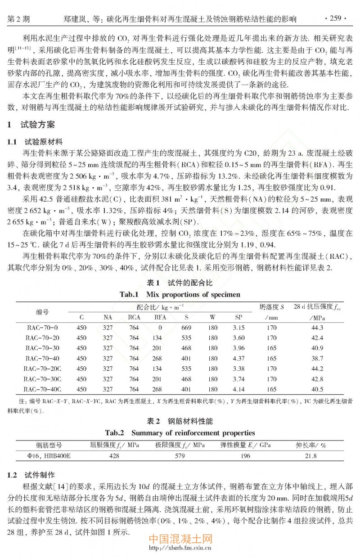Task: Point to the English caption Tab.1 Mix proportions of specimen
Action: pyautogui.click(x=180, y=295)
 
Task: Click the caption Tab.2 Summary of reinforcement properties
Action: pyautogui.click(x=180, y=433)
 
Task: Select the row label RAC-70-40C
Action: pyautogui.click(x=43, y=389)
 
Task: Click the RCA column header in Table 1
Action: pyautogui.click(x=134, y=317)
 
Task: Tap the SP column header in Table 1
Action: pyautogui.click(x=239, y=317)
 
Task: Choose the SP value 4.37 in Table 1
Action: pyautogui.click(x=239, y=358)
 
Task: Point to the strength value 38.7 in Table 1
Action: pyautogui.click(x=317, y=358)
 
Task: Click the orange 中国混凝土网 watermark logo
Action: pyautogui.click(x=180, y=539)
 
